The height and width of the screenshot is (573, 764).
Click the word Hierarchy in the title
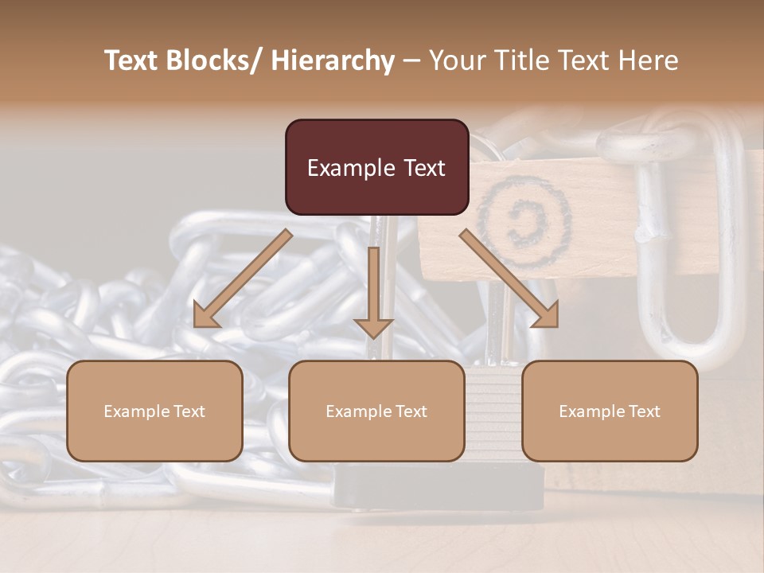[333, 60]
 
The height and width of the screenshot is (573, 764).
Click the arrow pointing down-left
[242, 279]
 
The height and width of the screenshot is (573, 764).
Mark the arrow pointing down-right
[509, 279]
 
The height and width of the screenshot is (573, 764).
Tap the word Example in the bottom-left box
[135, 411]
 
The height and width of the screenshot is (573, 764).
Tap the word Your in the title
[454, 60]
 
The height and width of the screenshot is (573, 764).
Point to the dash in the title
[411, 60]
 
